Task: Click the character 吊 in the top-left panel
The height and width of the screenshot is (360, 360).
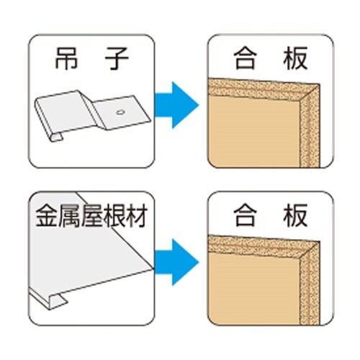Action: [x=66, y=58]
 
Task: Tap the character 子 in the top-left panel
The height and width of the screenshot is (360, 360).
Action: [x=117, y=58]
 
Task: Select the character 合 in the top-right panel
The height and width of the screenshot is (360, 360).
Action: [x=246, y=58]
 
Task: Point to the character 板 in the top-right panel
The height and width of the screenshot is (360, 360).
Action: [x=296, y=58]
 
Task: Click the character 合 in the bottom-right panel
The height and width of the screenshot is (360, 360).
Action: [x=246, y=215]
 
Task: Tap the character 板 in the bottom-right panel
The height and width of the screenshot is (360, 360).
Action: [x=296, y=215]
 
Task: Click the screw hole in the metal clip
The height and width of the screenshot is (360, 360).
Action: [x=120, y=112]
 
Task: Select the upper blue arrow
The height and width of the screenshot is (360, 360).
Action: [x=177, y=105]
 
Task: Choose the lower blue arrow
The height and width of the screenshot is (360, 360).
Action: [x=177, y=262]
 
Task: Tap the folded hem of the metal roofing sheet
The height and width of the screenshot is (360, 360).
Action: [x=56, y=301]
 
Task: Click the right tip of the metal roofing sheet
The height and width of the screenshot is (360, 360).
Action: [x=153, y=269]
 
